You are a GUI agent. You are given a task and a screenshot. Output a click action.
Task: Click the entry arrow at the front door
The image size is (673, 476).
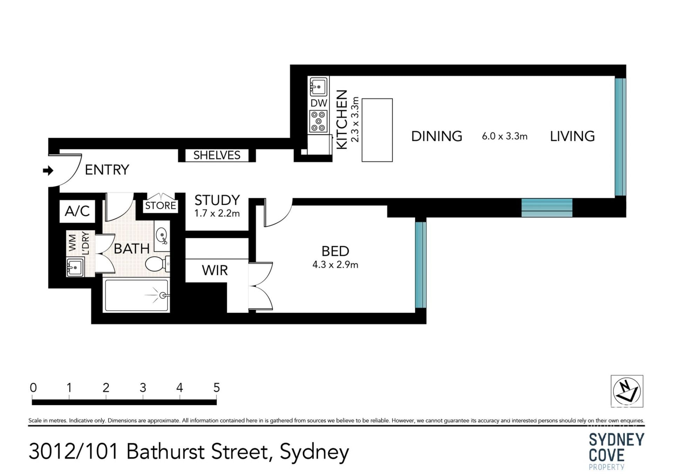(x=48, y=171)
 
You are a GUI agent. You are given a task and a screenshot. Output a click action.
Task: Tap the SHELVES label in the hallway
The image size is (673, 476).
(x=217, y=155)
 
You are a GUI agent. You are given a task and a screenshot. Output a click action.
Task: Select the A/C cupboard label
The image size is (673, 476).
(x=77, y=211)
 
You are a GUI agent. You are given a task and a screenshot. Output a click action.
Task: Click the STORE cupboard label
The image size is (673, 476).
(x=161, y=205)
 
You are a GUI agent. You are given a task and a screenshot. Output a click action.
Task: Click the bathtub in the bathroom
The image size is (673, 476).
(x=137, y=295)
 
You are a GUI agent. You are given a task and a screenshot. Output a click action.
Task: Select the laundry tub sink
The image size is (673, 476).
(x=75, y=267)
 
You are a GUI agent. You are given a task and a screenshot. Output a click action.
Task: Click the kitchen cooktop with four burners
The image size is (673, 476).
(x=318, y=121)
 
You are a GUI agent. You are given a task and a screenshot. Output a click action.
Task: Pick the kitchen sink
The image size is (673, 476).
(x=318, y=87)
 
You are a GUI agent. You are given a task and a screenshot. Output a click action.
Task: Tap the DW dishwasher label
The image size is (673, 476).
(x=319, y=103)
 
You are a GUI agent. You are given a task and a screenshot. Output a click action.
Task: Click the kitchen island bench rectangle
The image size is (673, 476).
(x=377, y=130)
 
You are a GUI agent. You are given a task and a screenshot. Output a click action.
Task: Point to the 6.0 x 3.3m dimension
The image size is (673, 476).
(x=504, y=136)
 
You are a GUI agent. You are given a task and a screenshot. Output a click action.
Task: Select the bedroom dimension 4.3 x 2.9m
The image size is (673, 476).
(x=335, y=265)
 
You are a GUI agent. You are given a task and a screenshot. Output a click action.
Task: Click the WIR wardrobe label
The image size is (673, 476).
(x=215, y=270)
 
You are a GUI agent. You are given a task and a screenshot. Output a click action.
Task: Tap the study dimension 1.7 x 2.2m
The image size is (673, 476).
(x=217, y=213)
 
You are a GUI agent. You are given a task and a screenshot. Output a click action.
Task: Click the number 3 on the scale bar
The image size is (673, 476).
(x=143, y=388)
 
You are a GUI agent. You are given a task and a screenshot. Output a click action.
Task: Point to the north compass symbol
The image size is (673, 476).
(x=627, y=391)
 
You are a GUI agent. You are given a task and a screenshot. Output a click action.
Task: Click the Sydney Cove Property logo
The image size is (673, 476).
(x=616, y=451)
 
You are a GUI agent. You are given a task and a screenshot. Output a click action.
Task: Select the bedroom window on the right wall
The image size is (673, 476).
(x=421, y=265)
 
